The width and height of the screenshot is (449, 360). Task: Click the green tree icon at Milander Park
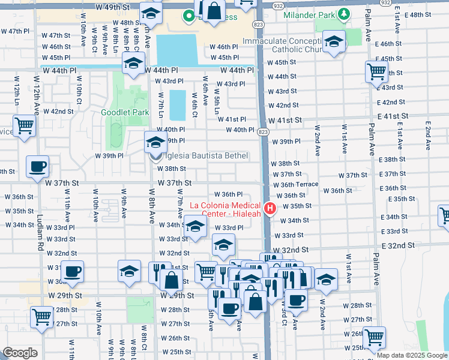point(342,13)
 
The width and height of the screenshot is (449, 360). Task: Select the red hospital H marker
point(270,209)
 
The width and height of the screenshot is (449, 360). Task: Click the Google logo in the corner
point(20,353)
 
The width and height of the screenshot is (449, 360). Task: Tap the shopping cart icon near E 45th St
point(376,71)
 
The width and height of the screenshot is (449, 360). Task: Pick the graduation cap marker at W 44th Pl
point(134,62)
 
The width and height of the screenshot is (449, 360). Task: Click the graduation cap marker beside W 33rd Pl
point(196,227)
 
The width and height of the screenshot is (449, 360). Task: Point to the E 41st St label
point(390,116)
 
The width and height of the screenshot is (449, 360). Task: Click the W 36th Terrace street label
point(299,185)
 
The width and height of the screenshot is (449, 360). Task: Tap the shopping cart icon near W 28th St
point(41,316)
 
